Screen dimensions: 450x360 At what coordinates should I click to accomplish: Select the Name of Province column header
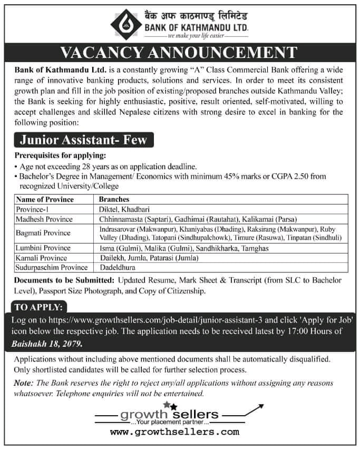45,200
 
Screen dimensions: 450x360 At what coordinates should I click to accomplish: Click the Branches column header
114,200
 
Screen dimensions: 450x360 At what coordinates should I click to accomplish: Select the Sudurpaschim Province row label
51,267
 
